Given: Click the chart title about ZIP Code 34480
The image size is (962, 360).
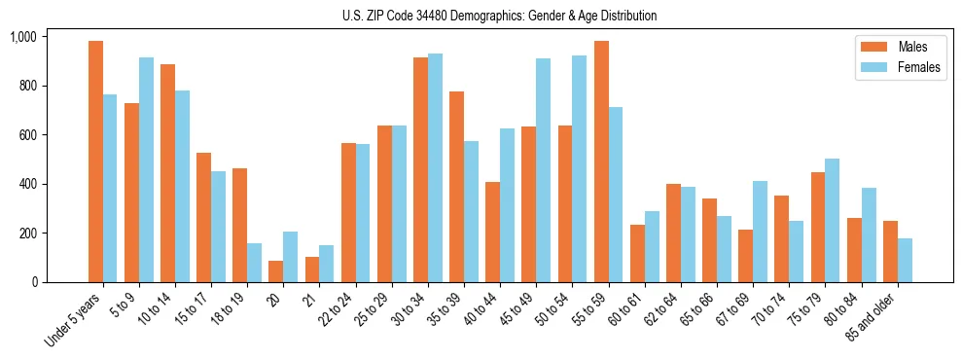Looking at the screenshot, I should (x=499, y=16).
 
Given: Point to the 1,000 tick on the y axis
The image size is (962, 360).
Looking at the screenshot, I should (x=22, y=37).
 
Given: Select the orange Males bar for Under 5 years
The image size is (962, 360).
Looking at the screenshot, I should (x=95, y=162).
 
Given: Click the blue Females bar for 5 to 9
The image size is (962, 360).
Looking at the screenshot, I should (x=146, y=170).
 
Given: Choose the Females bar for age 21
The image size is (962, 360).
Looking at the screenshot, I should (x=327, y=264).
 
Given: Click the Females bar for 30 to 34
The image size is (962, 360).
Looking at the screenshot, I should (x=435, y=168).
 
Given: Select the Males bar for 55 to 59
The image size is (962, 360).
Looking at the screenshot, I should (x=601, y=162).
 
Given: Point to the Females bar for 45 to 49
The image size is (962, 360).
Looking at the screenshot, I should (x=543, y=170).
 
